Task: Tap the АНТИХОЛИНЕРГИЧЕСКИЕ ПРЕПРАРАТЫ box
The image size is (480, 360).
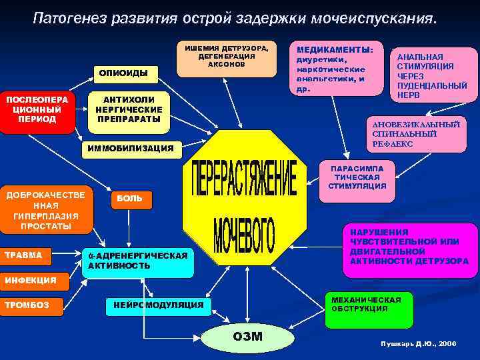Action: coord(129,110)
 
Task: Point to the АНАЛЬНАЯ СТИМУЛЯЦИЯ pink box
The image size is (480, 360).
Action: coord(433,75)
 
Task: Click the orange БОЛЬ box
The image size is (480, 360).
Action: coord(131,199)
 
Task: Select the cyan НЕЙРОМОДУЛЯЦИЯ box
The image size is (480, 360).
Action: coord(159,305)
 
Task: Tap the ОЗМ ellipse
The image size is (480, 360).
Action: coord(247,337)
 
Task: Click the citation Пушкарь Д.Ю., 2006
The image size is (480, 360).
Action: coord(419,343)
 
